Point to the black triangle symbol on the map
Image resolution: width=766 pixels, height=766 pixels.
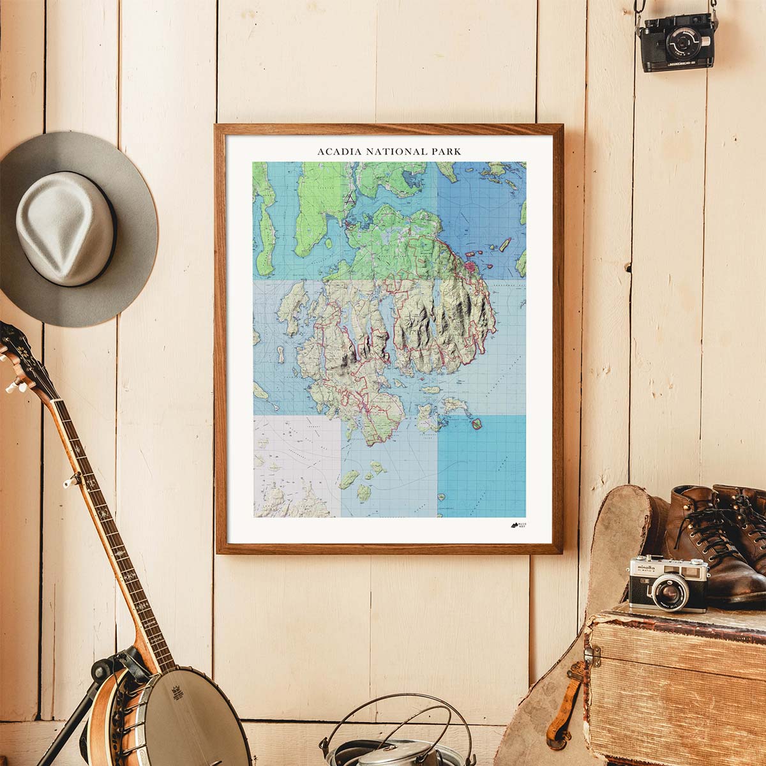(x=350, y=199)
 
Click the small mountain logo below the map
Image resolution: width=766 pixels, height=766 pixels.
(x=514, y=525)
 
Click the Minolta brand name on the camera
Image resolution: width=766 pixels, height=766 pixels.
(x=645, y=566)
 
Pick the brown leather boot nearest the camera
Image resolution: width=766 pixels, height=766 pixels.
(x=702, y=549)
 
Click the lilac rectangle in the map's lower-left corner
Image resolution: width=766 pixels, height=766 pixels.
(x=297, y=466)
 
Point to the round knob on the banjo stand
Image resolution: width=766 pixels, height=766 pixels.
(x=99, y=670)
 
